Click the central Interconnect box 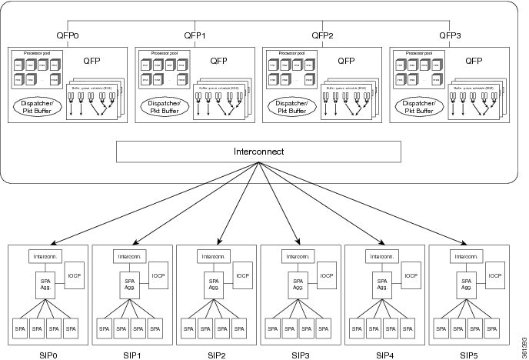tap(259, 152)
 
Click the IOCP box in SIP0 tap(74, 275)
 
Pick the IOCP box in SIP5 tap(495, 275)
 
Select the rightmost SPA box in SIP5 tap(494, 329)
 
